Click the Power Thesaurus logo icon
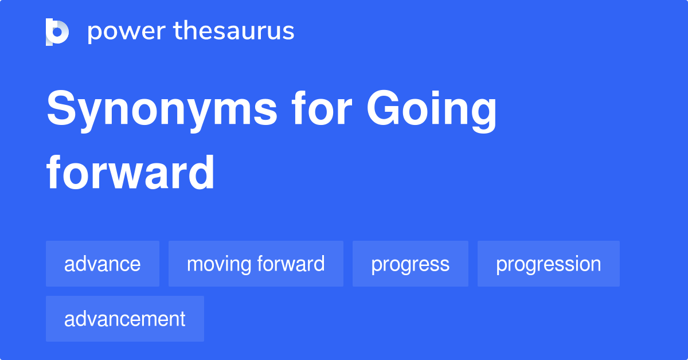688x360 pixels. (x=57, y=32)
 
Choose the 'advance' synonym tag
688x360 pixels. (x=103, y=264)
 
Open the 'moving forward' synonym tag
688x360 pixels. (x=256, y=264)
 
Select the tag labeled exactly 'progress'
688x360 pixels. (x=410, y=264)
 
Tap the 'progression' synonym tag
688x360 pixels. (x=548, y=264)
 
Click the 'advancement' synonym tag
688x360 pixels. (x=125, y=319)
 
